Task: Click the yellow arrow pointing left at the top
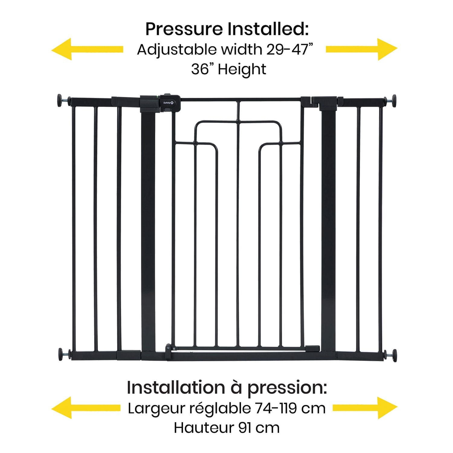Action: click(87, 49)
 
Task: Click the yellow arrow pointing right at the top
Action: click(361, 49)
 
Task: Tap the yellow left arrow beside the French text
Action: click(86, 407)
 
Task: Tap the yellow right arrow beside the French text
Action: click(365, 408)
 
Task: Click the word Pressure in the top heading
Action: click(184, 29)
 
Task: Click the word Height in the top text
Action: click(242, 69)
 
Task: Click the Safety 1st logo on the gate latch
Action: click(169, 103)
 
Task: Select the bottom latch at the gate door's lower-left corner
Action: click(169, 352)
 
